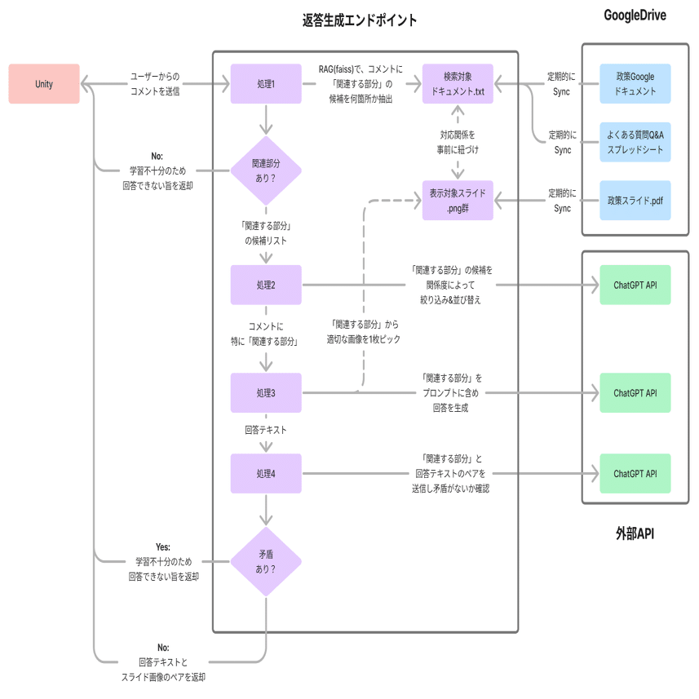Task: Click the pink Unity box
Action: point(44,84)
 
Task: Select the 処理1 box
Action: point(266,84)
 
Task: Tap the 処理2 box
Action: point(266,285)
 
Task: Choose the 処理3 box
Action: point(266,393)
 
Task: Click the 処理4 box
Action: point(266,473)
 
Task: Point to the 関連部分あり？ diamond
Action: point(266,170)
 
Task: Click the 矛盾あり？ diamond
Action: point(266,562)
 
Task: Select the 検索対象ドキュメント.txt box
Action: point(458,84)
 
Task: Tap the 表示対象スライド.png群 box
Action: point(458,200)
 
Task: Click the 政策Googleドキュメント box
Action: point(635,84)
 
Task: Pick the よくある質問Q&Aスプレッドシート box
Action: point(635,142)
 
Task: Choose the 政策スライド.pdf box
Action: point(635,200)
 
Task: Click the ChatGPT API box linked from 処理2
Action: point(635,285)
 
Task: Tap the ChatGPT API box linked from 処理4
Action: point(635,473)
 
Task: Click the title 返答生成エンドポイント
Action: point(360,20)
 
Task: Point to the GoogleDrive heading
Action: point(635,15)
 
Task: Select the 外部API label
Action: point(635,533)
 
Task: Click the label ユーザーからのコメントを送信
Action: point(155,84)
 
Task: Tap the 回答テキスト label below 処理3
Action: point(266,430)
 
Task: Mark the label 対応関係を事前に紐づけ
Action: point(458,142)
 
